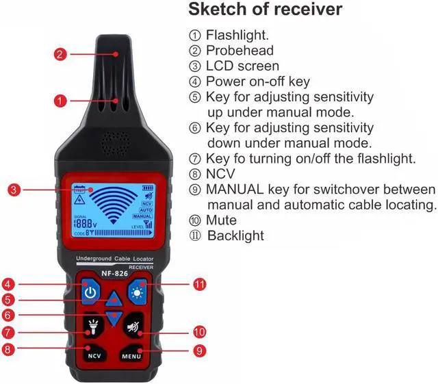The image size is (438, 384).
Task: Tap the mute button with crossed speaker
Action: pyautogui.click(x=132, y=327)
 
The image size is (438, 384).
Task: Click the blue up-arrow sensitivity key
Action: pyautogui.click(x=114, y=299)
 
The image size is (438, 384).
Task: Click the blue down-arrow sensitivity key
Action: pyautogui.click(x=114, y=317)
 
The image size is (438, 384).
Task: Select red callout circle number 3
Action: pyautogui.click(x=13, y=190)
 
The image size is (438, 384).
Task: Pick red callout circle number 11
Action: pyautogui.click(x=200, y=283)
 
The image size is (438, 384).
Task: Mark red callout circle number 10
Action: pyautogui.click(x=199, y=331)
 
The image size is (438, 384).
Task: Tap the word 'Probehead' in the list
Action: pyautogui.click(x=240, y=50)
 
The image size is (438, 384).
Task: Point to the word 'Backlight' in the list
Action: pyautogui.click(x=235, y=236)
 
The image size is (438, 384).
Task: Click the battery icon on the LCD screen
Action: pyautogui.click(x=147, y=188)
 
